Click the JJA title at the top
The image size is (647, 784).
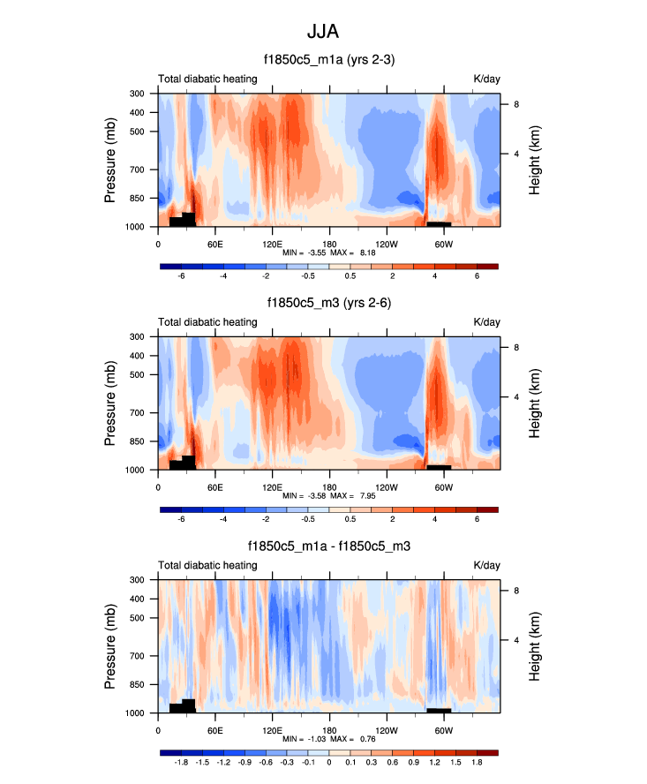pyautogui.click(x=323, y=32)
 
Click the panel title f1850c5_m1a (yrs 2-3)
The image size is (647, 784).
pyautogui.click(x=328, y=60)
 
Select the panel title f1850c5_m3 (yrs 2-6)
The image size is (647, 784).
pyautogui.click(x=328, y=303)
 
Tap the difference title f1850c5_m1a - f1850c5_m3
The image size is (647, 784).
pyautogui.click(x=328, y=547)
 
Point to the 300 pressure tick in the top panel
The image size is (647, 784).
pyautogui.click(x=137, y=94)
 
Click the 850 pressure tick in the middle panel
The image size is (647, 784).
pyautogui.click(x=137, y=441)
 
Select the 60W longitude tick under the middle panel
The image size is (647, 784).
pyautogui.click(x=443, y=485)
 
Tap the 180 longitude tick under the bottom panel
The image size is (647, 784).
pyautogui.click(x=329, y=728)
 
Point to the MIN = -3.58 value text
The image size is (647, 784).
pyautogui.click(x=302, y=496)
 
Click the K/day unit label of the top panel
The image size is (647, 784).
pyautogui.click(x=486, y=79)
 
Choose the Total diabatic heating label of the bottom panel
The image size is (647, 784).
pyautogui.click(x=207, y=566)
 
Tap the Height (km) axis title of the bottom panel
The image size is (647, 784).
pyautogui.click(x=535, y=646)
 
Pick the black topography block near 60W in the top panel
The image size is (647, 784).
pyautogui.click(x=439, y=223)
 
